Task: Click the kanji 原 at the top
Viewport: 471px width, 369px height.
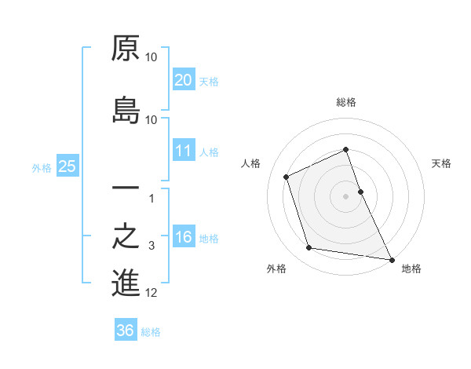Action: [126, 49]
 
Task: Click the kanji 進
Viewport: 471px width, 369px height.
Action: [126, 283]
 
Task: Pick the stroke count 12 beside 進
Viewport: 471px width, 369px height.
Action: [152, 294]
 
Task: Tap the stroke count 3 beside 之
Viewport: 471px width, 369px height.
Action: [152, 247]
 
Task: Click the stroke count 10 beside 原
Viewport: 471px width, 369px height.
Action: [152, 58]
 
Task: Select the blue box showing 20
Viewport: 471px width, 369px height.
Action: [183, 80]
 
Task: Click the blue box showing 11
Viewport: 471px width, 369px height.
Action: [183, 152]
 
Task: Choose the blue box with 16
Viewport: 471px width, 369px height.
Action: [183, 237]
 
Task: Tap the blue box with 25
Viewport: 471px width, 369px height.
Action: [67, 166]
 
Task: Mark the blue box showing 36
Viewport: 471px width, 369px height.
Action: [125, 331]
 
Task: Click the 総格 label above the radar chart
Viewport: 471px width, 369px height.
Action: [346, 102]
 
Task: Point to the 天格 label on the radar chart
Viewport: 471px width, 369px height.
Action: [442, 163]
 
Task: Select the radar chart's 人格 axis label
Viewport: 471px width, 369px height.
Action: [251, 163]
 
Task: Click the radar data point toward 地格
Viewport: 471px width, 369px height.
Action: [391, 259]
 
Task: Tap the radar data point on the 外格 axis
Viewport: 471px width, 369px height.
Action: [309, 248]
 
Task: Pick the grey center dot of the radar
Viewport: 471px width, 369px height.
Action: [346, 195]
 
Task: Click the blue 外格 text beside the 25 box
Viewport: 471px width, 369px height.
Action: [42, 167]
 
